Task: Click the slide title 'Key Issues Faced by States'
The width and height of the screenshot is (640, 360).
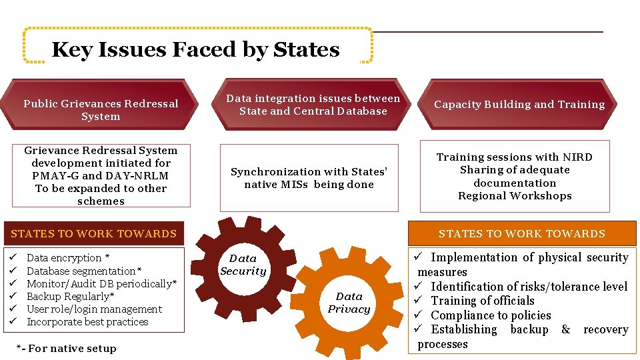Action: (x=195, y=49)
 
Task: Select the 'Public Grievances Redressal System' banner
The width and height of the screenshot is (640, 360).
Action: (x=101, y=110)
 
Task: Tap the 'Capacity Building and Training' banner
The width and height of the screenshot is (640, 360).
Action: (x=519, y=105)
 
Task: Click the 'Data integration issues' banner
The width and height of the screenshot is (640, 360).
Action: (x=313, y=105)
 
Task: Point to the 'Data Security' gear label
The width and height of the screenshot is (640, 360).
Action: (x=243, y=265)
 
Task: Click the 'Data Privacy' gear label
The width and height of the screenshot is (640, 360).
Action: (x=349, y=303)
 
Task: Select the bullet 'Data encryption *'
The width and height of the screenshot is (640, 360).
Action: (x=68, y=258)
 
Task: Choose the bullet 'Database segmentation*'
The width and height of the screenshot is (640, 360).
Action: (x=84, y=271)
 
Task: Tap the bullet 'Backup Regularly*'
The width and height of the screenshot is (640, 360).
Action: (x=71, y=296)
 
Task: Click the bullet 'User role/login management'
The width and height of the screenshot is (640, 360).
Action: (x=94, y=309)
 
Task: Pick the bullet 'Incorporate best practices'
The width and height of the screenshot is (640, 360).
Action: (x=87, y=321)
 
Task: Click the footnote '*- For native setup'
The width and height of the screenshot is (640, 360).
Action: (x=65, y=348)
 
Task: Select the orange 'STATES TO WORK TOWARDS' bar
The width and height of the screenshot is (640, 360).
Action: (x=521, y=233)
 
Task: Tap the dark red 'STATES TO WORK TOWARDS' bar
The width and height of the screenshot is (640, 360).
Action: (x=94, y=233)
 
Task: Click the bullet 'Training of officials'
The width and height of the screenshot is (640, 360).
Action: (x=483, y=301)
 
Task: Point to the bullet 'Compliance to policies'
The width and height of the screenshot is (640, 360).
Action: (x=491, y=315)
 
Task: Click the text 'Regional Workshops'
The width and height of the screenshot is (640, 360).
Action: (x=515, y=195)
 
